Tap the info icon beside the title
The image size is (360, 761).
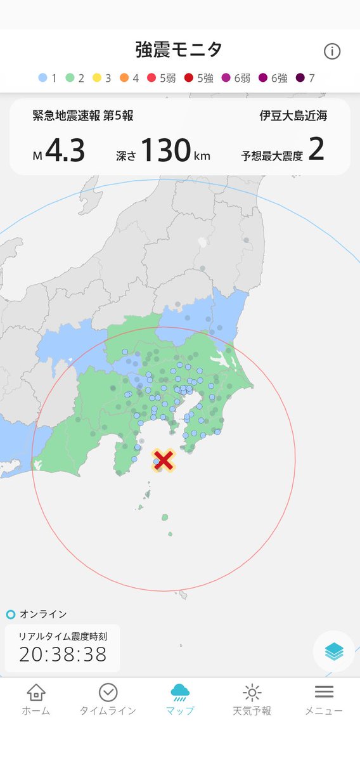(332, 51)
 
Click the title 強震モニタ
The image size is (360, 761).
(179, 49)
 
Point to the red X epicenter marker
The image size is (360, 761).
(164, 460)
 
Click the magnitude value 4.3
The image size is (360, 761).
(65, 151)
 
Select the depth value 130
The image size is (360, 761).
(165, 151)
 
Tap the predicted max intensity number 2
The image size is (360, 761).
(316, 150)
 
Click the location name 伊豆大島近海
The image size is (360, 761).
(293, 116)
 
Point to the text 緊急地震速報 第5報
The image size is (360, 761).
(83, 116)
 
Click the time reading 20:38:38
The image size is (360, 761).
(63, 654)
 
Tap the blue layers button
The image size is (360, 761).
(333, 651)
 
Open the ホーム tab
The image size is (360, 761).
(36, 699)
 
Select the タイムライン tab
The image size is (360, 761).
(108, 699)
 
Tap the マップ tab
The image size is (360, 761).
(180, 699)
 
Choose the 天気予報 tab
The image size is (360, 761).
(252, 699)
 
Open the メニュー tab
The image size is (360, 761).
(324, 699)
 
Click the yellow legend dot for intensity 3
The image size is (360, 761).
(98, 79)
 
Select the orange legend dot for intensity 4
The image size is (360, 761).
(124, 79)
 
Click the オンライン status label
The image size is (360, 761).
(43, 614)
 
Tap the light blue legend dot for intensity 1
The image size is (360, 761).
(43, 79)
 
